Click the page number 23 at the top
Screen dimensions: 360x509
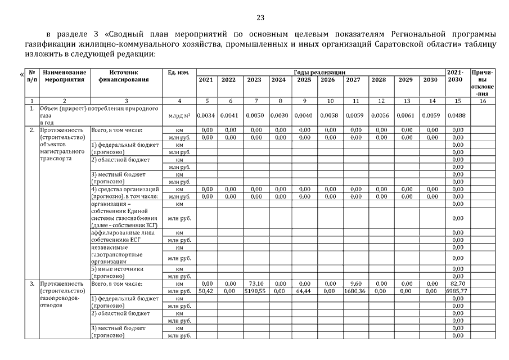click(x=260, y=17)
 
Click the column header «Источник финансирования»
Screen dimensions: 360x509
click(x=124, y=76)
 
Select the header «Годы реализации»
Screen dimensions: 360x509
click(x=319, y=72)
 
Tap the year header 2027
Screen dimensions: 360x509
click(x=353, y=80)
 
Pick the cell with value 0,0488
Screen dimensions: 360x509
click(x=457, y=115)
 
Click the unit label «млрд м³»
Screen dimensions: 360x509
click(x=179, y=116)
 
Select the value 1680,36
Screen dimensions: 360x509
click(x=353, y=291)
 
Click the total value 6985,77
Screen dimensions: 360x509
click(x=457, y=291)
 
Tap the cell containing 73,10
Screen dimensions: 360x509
click(x=256, y=283)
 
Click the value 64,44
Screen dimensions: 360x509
click(x=304, y=291)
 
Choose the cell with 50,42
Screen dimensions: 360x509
click(x=206, y=291)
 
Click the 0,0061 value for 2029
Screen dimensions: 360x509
click(x=405, y=115)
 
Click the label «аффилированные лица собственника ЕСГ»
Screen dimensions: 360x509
click(x=118, y=236)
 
